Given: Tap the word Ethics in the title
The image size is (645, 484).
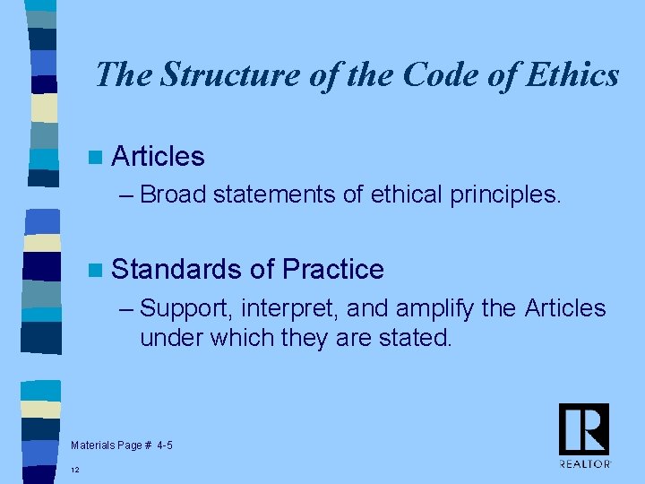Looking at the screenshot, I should pyautogui.click(x=573, y=74).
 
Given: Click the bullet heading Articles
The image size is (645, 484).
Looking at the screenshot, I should pyautogui.click(x=159, y=157).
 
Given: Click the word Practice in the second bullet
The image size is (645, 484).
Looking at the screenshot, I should pyautogui.click(x=332, y=269).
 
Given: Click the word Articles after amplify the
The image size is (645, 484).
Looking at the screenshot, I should pyautogui.click(x=565, y=309).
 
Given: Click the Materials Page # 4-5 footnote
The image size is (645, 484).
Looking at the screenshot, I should pyautogui.click(x=121, y=445).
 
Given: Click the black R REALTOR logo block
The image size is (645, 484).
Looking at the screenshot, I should pyautogui.click(x=584, y=428).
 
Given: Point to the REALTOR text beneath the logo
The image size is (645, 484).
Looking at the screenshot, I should pyautogui.click(x=585, y=463).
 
